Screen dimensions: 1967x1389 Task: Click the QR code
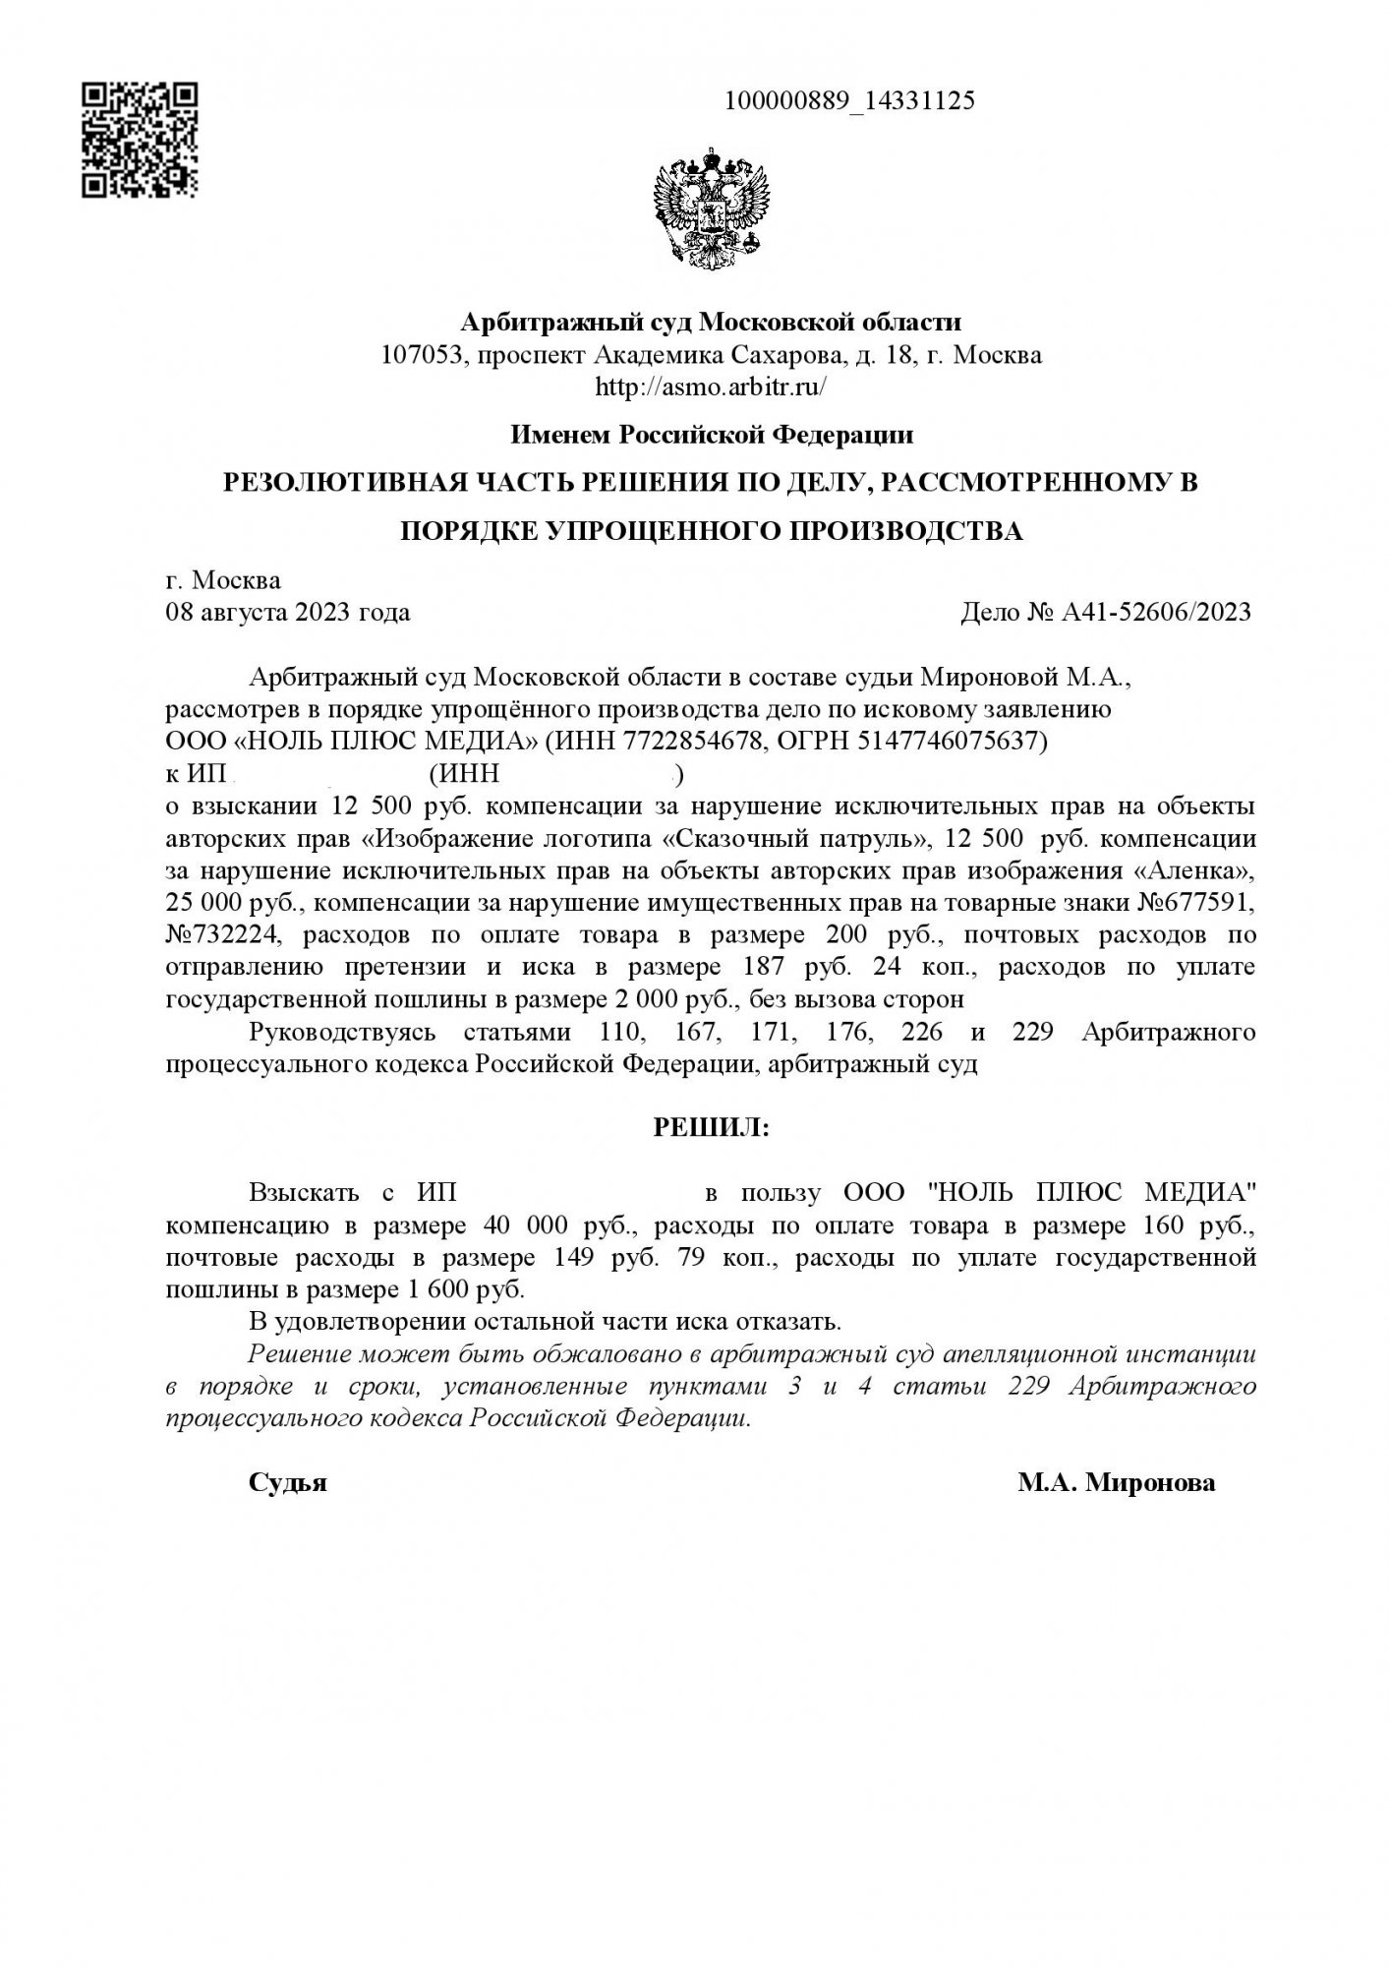(139, 140)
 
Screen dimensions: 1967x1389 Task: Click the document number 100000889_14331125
(849, 100)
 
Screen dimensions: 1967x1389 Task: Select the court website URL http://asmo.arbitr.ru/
(711, 387)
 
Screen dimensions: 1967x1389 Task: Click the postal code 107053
(422, 354)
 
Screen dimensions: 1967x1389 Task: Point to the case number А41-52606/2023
(1156, 613)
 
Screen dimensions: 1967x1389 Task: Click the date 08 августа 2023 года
(287, 613)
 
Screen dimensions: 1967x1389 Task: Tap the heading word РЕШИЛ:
(712, 1128)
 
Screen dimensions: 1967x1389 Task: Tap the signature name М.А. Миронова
(1116, 1483)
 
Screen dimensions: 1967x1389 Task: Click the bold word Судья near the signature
(287, 1483)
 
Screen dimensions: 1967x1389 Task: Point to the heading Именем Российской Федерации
(711, 434)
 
